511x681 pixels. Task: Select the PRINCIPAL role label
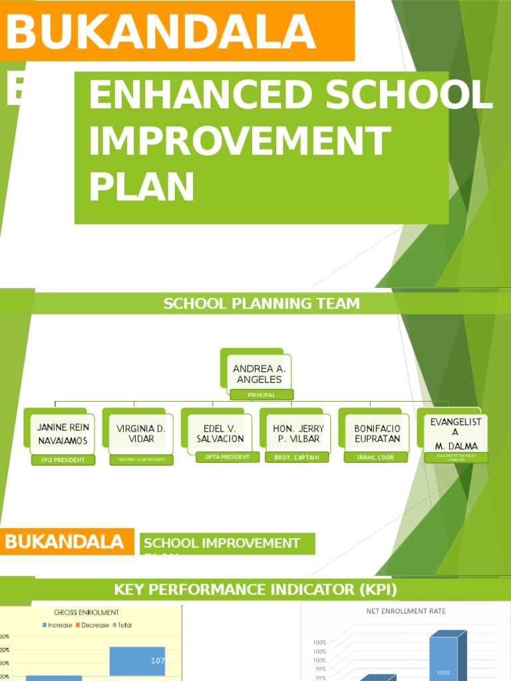[x=261, y=395]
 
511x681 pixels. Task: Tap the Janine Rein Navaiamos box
[x=63, y=434]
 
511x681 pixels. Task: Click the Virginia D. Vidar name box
[x=141, y=434]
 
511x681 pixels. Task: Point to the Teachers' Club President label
[x=141, y=460]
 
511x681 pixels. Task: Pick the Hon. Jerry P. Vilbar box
[x=299, y=434]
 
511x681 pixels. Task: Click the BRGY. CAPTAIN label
[x=297, y=458]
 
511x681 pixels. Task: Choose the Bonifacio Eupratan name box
[x=377, y=434]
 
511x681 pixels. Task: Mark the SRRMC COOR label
[x=375, y=458]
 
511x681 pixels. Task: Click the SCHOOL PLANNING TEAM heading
[x=261, y=304]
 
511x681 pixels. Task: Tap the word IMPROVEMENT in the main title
[x=240, y=142]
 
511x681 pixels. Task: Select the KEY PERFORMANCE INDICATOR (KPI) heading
[x=255, y=589]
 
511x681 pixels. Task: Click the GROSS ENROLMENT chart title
[x=92, y=612]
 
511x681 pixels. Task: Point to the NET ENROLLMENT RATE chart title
[x=405, y=611]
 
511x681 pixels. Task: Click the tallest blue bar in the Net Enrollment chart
[x=444, y=658]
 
